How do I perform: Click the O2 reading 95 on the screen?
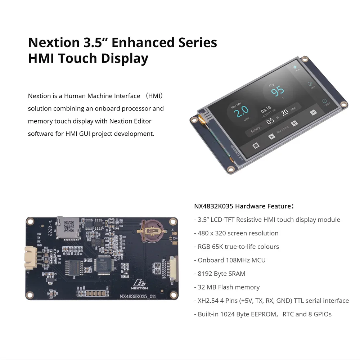point(278,90)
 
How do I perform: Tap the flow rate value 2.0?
point(241,112)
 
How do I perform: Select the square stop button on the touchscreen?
point(256,145)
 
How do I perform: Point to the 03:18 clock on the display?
point(266,108)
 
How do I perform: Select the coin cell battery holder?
point(152,230)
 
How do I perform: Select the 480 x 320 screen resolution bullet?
point(238,233)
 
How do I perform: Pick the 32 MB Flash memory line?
point(229,287)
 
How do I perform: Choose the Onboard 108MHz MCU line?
point(231,260)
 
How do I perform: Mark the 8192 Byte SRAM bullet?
point(221,274)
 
